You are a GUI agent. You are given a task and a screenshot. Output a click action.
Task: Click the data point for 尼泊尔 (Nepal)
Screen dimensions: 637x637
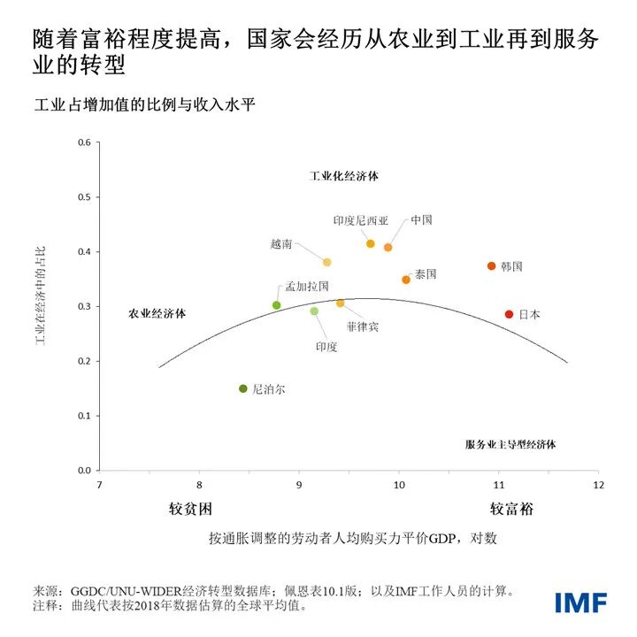[x=243, y=388]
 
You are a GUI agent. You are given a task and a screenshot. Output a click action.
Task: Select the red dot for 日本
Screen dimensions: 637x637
[x=509, y=314]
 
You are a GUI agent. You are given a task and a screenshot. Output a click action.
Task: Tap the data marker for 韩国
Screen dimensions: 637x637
[x=491, y=266]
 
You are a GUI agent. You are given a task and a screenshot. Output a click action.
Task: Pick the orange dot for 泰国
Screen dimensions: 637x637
[x=406, y=280]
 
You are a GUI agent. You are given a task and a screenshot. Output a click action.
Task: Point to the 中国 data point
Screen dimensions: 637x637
[x=388, y=248]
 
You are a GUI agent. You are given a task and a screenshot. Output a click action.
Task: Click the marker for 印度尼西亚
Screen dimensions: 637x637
[x=371, y=243]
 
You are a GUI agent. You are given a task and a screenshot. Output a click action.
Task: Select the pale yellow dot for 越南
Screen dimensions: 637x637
[x=327, y=263]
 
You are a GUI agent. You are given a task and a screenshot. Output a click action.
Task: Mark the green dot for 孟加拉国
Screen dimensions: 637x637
[x=277, y=305]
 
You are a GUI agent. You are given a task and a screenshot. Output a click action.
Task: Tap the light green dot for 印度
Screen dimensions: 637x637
[x=314, y=311]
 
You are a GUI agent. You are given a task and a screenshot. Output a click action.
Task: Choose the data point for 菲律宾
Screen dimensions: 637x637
[x=340, y=303]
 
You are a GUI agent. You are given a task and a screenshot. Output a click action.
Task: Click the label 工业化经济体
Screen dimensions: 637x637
[x=344, y=176]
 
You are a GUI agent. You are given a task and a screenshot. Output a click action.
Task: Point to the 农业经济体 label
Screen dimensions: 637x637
[x=163, y=313]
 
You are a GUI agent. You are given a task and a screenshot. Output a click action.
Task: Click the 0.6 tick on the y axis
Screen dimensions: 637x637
[x=86, y=143]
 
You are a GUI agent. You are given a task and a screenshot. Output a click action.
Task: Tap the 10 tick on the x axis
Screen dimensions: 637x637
[x=399, y=485]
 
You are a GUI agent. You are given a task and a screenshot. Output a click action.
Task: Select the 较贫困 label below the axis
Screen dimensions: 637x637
[x=191, y=510]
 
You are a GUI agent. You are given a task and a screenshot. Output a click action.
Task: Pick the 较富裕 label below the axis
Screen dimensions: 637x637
[x=512, y=510]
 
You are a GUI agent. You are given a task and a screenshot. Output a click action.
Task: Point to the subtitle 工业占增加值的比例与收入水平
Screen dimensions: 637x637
[x=144, y=106]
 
